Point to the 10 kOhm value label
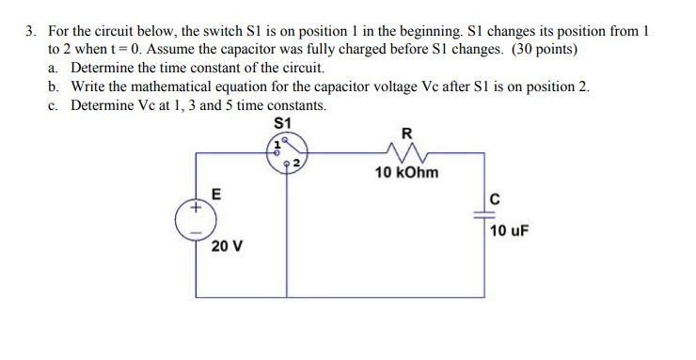click(406, 173)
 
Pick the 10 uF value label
click(510, 228)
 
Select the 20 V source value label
click(226, 246)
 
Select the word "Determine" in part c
click(101, 105)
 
